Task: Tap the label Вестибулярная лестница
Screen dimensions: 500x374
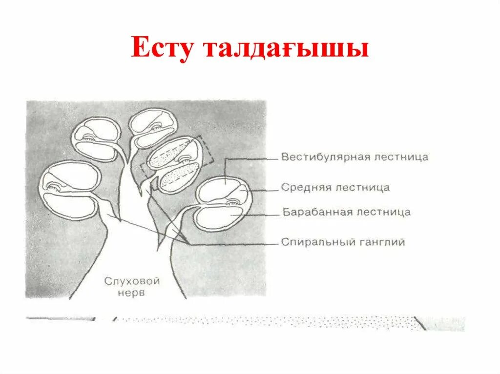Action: click(354, 157)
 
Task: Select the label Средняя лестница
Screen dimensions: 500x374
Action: click(335, 187)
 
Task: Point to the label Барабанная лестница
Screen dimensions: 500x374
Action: click(346, 212)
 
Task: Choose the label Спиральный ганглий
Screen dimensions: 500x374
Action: click(343, 242)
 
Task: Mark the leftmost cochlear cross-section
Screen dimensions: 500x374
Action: click(71, 190)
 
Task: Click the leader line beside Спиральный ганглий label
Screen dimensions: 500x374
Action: click(234, 243)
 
